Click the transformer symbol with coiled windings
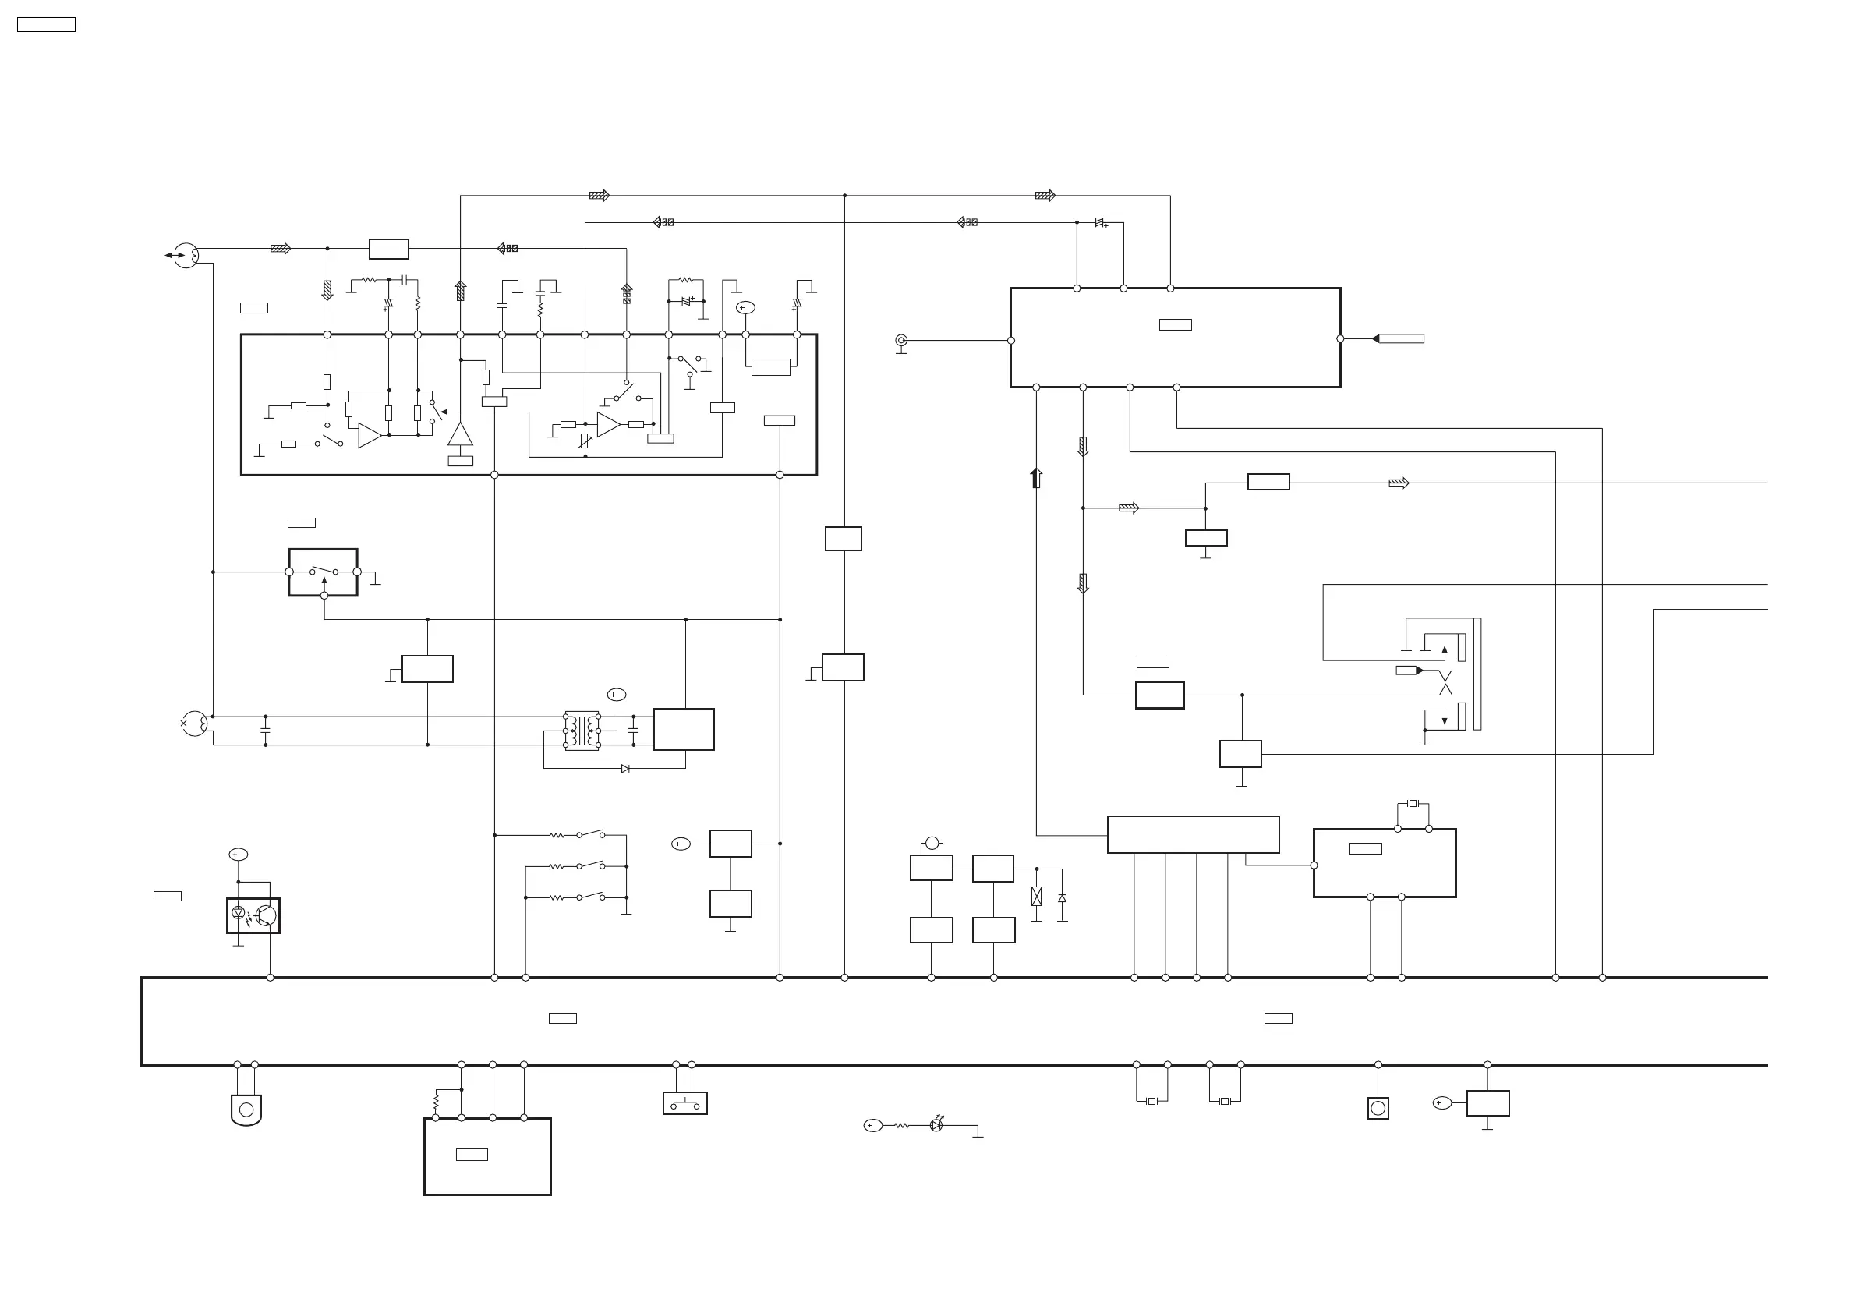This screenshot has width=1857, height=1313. point(582,731)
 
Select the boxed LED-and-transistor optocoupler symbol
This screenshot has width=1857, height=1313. point(253,916)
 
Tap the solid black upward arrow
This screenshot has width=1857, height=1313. point(1036,477)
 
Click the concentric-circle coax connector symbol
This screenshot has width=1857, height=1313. point(901,341)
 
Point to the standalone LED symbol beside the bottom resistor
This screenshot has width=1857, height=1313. point(936,1125)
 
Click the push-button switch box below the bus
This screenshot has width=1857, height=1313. point(685,1103)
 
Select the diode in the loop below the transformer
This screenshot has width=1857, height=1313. point(625,769)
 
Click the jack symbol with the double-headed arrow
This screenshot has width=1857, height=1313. point(186,255)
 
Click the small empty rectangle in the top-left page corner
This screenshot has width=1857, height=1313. point(46,25)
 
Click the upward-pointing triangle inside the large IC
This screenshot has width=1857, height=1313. point(460,434)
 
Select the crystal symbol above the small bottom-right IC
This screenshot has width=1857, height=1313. point(1413,803)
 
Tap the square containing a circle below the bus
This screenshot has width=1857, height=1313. point(1378,1108)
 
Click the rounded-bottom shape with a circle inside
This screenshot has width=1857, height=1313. point(246,1110)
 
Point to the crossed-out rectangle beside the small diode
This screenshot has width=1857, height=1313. point(1037,897)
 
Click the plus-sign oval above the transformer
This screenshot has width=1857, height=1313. point(617,695)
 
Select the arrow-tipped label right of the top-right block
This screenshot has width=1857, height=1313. point(1399,339)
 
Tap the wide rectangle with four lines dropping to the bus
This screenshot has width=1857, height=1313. point(1193,834)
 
